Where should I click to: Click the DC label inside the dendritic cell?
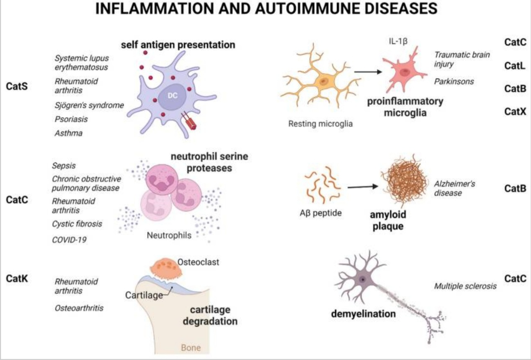tap(173, 96)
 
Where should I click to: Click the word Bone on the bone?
tap(191, 347)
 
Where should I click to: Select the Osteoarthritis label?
tap(79, 308)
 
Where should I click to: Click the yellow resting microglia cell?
tap(323, 81)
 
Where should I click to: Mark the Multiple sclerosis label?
tap(465, 287)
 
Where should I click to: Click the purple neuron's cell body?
tap(363, 279)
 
